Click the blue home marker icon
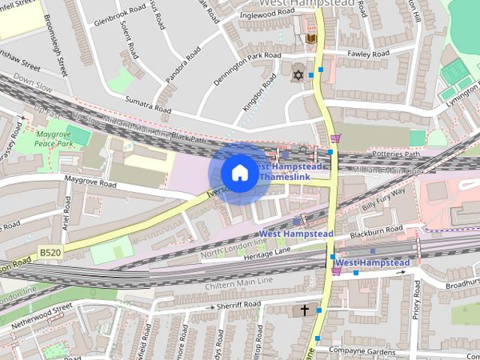pos(238,173)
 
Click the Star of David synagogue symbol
pos(297,75)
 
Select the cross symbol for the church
pos(304,309)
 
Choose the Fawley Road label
pos(369,54)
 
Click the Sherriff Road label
pos(238,304)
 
